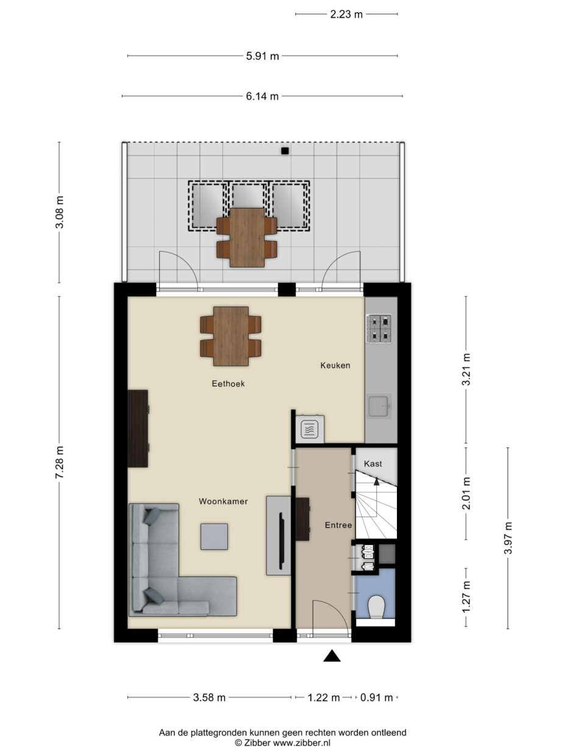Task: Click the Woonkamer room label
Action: tap(223, 502)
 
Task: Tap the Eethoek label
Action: tap(228, 383)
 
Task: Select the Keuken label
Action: tap(335, 365)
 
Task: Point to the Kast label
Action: tap(373, 464)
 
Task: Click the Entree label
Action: tap(338, 526)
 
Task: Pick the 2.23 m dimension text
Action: tap(346, 15)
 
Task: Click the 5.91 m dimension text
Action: tap(262, 56)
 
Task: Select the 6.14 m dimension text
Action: tap(262, 96)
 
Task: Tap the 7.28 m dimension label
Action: tap(60, 462)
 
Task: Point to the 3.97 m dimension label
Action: tap(508, 538)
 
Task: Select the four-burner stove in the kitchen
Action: tap(380, 329)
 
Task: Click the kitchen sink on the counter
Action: tap(379, 407)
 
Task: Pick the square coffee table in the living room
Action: tap(214, 537)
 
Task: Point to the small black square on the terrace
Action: tap(285, 151)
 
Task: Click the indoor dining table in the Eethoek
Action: tap(231, 337)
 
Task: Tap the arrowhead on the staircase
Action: tap(376, 482)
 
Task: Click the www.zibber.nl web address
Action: tap(302, 743)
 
